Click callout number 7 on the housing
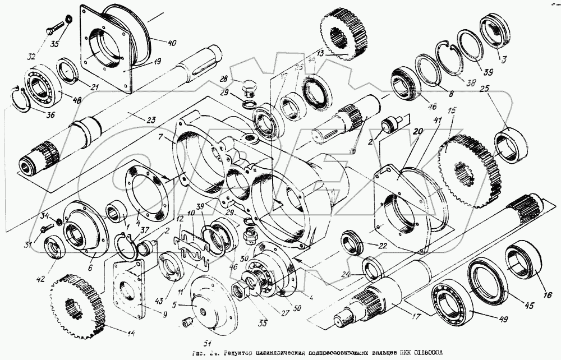(x=161, y=138)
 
